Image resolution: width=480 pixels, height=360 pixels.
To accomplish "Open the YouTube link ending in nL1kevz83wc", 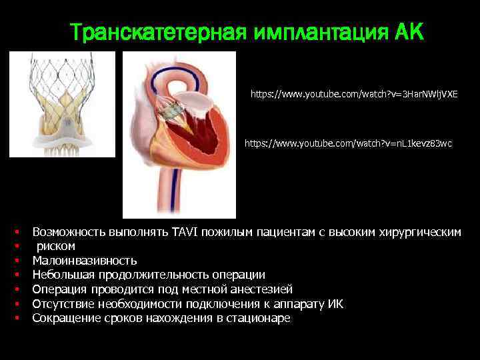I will coord(348,143).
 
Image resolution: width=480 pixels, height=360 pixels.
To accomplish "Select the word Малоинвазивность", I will coord(85,261).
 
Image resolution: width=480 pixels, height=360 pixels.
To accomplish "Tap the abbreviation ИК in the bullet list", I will coord(337,304).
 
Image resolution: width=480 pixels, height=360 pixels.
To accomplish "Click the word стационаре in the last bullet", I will coord(259,318).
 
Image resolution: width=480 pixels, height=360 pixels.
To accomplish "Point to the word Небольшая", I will coord(63,275).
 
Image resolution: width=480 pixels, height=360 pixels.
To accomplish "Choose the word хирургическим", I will coord(419,232).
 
